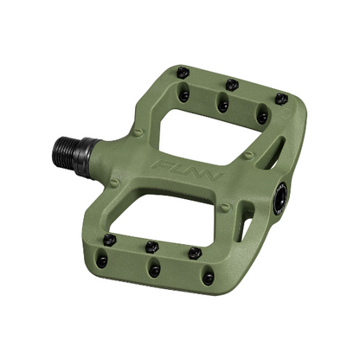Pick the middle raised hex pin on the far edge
point(232,84)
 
